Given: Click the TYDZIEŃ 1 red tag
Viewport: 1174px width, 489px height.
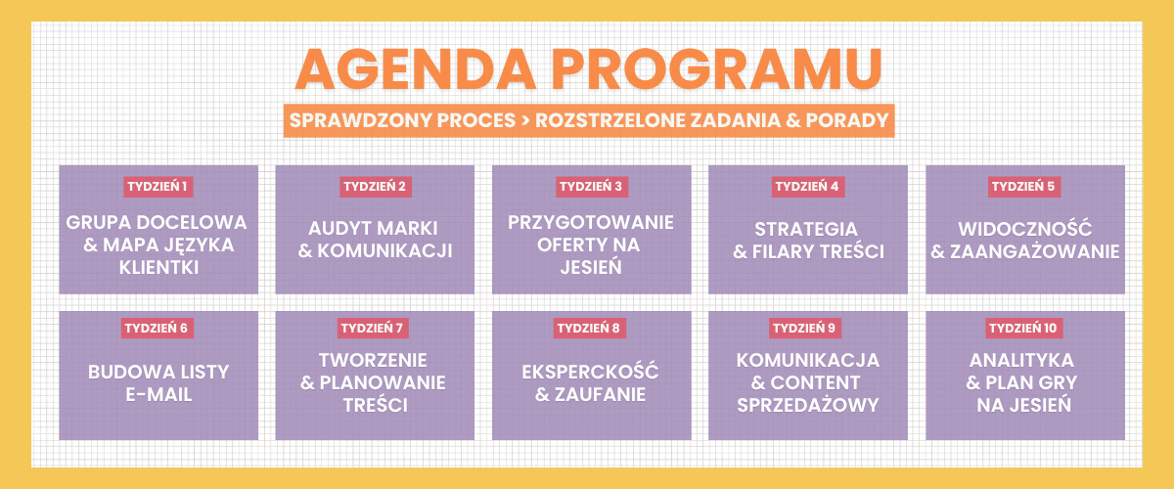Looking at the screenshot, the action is (x=158, y=187).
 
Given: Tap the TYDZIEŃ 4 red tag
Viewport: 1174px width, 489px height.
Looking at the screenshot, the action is (x=808, y=187).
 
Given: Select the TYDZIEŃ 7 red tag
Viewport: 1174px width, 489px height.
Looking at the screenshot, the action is (x=373, y=328).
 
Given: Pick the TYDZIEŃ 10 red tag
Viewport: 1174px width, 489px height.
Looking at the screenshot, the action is (x=1023, y=328).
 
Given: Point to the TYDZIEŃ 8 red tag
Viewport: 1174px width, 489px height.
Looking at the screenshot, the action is (x=590, y=328).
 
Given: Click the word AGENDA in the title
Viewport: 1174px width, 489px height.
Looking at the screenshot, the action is (x=416, y=70).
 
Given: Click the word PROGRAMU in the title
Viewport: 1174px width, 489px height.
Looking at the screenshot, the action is (x=717, y=70).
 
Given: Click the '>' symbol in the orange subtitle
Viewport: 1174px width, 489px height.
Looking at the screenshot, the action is (x=525, y=121).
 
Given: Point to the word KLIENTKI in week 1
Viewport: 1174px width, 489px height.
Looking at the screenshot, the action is (x=158, y=268).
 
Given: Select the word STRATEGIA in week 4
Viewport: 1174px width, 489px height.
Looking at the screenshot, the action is (x=806, y=229).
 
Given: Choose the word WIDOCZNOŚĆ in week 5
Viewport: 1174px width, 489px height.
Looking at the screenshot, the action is (x=1025, y=229).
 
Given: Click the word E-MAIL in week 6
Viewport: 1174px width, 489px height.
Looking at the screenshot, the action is (x=158, y=395).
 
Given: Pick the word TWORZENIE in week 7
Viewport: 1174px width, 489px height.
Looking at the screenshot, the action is (x=373, y=360).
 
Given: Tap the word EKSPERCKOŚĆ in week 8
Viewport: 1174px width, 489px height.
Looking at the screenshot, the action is (x=590, y=371).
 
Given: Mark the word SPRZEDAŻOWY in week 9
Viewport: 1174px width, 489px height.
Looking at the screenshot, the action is (x=808, y=405).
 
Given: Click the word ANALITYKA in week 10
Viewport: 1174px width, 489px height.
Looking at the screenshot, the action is (x=1022, y=360).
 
